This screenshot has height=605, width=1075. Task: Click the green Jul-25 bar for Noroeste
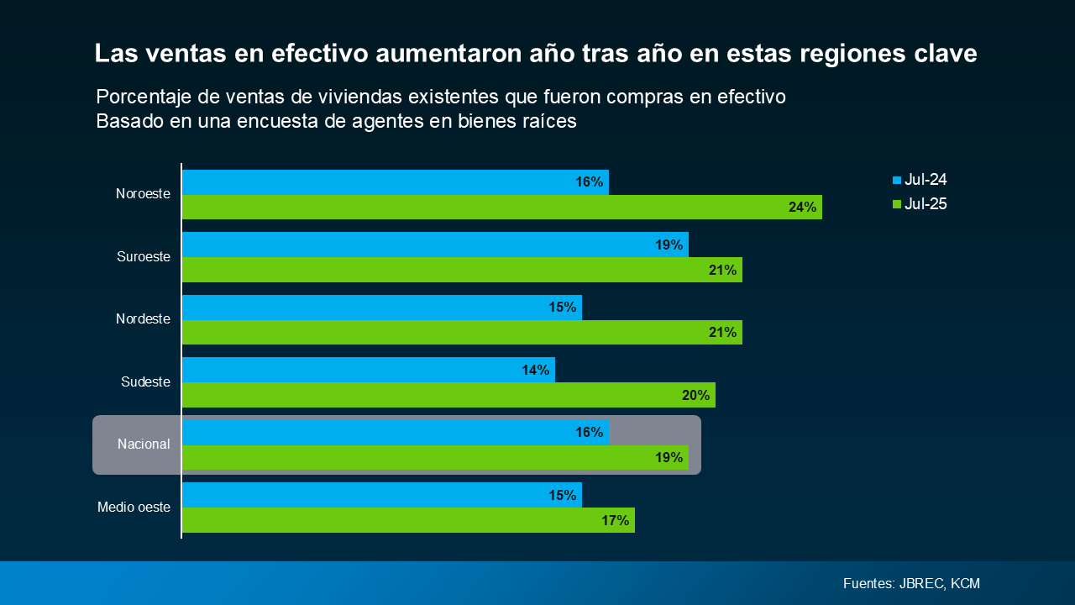[x=501, y=208]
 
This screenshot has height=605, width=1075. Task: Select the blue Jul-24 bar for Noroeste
[x=395, y=182]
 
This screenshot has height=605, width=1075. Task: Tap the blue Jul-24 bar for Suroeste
[x=435, y=245]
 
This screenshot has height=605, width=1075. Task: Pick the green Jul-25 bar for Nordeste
[x=462, y=333]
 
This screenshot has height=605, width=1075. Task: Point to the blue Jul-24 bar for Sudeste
[x=368, y=370]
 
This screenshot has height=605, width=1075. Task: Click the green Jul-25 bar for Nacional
[x=435, y=458]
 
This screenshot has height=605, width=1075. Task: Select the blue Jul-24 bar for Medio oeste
[x=381, y=495]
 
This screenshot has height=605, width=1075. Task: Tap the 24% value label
[x=802, y=208]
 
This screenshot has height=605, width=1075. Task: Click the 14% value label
[x=535, y=370]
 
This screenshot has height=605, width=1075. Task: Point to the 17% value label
[x=615, y=520]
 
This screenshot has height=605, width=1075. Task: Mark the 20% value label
[x=695, y=395]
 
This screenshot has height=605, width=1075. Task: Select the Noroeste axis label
[x=143, y=194]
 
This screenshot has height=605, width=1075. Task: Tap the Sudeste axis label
[x=145, y=382]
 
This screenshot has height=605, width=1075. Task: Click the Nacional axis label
[x=144, y=445]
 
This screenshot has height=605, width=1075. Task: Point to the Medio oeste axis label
[x=134, y=508]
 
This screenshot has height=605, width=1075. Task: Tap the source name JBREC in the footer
[x=921, y=583]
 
